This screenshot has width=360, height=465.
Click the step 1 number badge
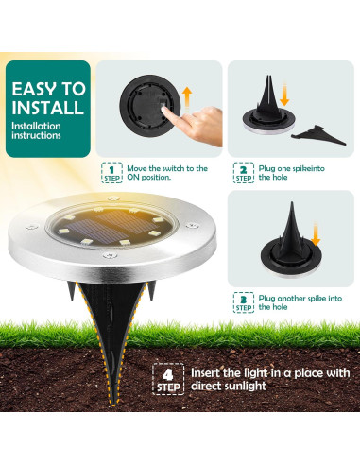112,172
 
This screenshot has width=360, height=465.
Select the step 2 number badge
243,172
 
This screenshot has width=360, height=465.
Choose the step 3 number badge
243,302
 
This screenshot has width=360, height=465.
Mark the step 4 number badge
167,378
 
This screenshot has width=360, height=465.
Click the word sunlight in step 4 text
256,387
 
